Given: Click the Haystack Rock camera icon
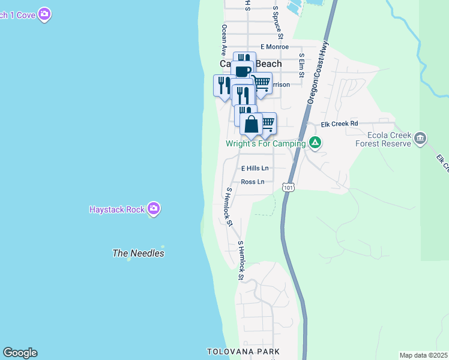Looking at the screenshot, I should [x=154, y=209].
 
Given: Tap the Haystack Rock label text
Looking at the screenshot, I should [x=116, y=209].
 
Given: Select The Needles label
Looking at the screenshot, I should [x=138, y=253].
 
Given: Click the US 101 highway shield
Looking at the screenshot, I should [x=289, y=188].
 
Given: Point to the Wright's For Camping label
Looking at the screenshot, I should [x=265, y=143].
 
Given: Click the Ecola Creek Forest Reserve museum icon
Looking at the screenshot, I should [x=420, y=139].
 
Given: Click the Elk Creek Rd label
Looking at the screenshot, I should [x=339, y=124].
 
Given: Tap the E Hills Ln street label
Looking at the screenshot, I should [x=255, y=169].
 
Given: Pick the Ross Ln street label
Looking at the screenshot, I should [x=252, y=182].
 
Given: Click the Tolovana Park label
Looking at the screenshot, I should [x=243, y=351].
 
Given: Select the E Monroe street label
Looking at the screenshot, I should [x=274, y=47].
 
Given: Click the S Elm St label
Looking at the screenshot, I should [x=302, y=65].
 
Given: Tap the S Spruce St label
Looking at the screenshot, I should [x=278, y=22].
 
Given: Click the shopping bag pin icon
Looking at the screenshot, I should [x=252, y=124].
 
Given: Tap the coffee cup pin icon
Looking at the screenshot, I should [x=243, y=71].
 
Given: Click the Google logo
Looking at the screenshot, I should [x=20, y=353].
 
